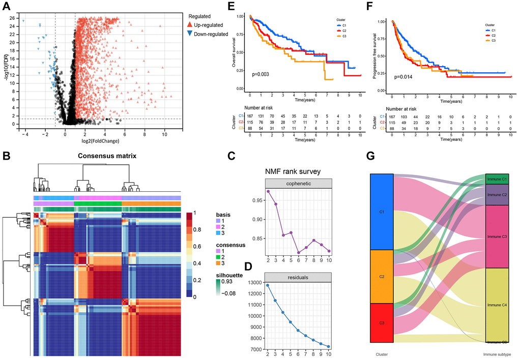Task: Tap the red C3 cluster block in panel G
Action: (x=382, y=323)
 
